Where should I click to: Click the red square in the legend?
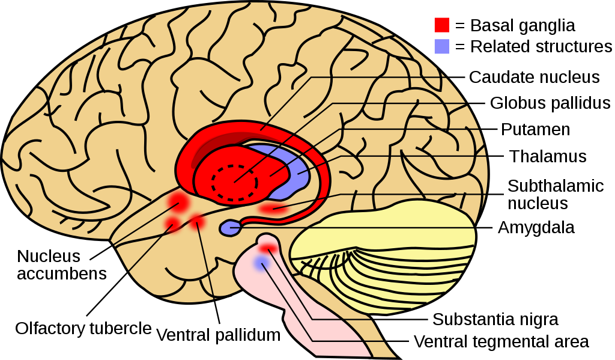[441, 25]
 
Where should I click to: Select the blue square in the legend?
[441, 46]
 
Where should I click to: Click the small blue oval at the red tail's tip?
[230, 228]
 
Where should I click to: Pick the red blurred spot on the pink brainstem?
[268, 248]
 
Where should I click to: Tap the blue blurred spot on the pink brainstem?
[261, 263]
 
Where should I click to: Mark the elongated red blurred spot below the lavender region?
[273, 209]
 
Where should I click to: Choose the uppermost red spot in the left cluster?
[178, 200]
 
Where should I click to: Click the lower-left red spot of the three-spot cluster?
[172, 225]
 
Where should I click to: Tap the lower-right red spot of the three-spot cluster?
[196, 223]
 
